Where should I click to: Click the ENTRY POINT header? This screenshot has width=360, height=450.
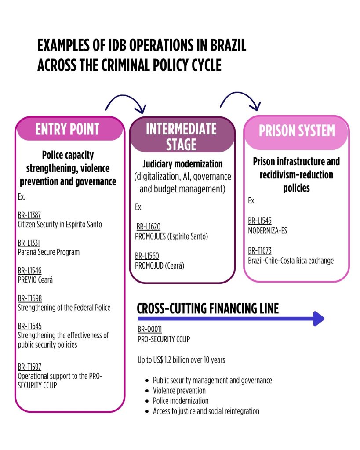[67, 129]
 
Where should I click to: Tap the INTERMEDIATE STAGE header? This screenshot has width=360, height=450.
[181, 136]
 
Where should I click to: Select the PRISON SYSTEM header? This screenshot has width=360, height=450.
[297, 131]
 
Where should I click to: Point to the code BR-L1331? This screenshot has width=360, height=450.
[29, 243]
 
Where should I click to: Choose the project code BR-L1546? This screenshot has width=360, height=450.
[29, 271]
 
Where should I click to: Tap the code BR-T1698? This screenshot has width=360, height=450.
[29, 298]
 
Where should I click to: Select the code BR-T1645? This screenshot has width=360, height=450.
[29, 326]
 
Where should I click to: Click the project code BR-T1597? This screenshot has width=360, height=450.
[29, 367]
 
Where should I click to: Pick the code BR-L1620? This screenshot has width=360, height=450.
[148, 227]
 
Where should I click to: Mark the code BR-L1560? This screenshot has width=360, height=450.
[147, 256]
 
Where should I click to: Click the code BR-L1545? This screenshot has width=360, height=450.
[260, 221]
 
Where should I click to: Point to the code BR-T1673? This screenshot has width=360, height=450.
[260, 251]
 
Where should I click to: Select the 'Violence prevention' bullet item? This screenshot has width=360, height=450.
[179, 390]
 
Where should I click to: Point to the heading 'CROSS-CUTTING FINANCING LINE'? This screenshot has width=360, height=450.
[208, 308]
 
